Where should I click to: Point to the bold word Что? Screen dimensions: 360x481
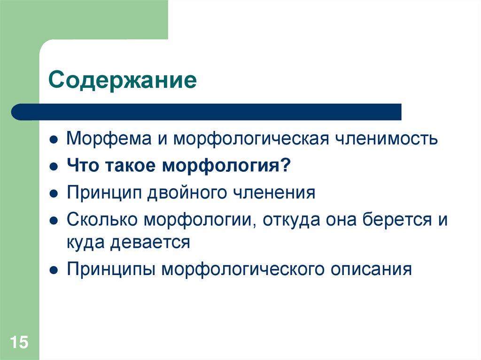tap(83, 166)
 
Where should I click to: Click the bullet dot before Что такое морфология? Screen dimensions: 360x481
tap(54, 167)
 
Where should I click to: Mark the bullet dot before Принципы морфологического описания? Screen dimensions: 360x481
tap(54, 271)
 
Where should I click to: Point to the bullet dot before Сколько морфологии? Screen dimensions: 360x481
tap(54, 221)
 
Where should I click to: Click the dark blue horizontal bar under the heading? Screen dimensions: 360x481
tap(207, 112)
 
